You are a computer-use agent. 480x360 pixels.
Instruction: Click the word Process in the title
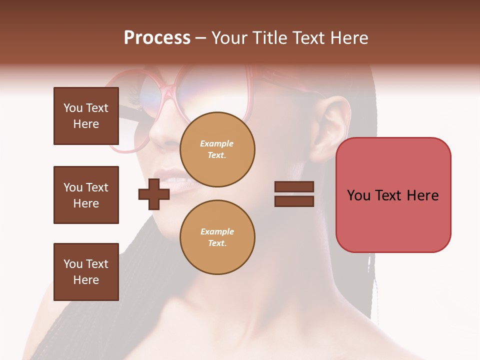coord(157,38)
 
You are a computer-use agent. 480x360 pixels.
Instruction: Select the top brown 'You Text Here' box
coord(86,116)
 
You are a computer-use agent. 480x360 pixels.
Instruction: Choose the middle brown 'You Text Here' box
coord(86,195)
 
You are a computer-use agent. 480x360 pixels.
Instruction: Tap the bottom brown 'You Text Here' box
coord(86,271)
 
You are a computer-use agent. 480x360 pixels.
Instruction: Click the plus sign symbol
coord(154,194)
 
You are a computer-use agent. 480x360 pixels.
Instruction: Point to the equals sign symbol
coord(294,194)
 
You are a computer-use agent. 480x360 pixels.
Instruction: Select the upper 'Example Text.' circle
coord(217,149)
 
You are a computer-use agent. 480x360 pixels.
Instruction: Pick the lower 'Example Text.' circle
coord(217,237)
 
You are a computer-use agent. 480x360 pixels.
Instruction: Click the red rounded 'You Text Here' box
coord(393,195)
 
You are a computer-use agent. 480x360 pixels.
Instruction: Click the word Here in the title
coord(349,38)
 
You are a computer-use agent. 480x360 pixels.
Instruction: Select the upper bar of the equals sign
coord(294,187)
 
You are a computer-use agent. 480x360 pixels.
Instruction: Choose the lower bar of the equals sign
coord(294,201)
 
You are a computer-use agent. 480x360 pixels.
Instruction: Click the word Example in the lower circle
coord(217,231)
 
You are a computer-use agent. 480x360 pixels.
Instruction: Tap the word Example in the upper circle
coord(217,143)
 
